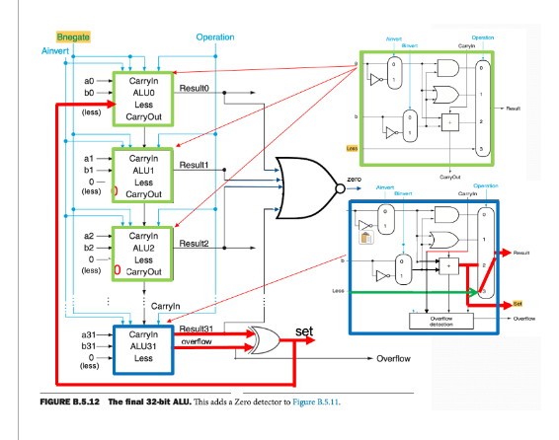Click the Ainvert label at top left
58,49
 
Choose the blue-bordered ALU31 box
145,346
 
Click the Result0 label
194,89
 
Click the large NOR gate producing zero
306,179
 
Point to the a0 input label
88,80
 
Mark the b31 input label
87,346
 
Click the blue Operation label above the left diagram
215,37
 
